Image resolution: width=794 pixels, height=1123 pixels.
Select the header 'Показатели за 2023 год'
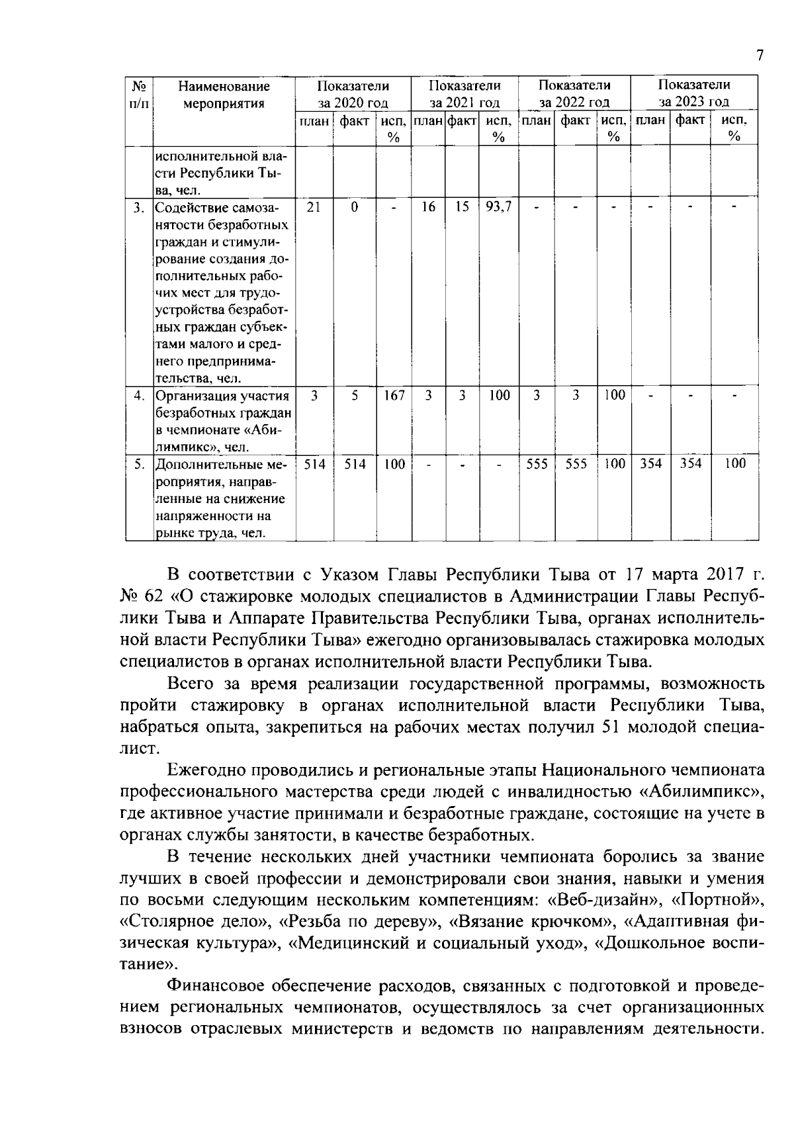[693, 93]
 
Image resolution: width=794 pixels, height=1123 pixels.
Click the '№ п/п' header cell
[139, 94]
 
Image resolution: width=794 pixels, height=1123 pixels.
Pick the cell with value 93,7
[498, 207]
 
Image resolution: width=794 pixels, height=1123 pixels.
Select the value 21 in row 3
[314, 207]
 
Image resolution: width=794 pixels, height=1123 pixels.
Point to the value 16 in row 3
[428, 207]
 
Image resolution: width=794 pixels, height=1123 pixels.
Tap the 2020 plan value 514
[314, 464]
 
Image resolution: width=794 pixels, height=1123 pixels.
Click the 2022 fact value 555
[576, 464]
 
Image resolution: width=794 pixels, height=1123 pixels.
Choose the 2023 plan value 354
[650, 464]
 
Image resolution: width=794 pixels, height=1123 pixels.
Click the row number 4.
[139, 396]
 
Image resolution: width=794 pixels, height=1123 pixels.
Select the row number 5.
[139, 464]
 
